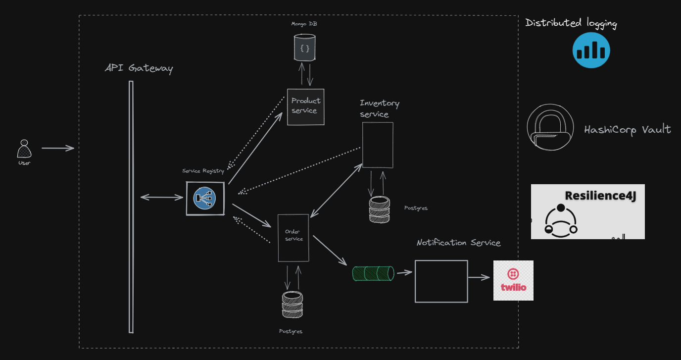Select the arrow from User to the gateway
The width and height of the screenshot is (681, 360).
57,148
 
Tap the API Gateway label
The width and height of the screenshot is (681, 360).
139,68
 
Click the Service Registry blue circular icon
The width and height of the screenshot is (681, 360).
205,199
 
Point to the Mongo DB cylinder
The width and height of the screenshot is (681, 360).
304,48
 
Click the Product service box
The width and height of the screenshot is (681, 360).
306,107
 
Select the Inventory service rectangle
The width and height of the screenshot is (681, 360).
378,145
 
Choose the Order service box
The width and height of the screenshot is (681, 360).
293,238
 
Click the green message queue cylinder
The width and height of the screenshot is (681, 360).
373,273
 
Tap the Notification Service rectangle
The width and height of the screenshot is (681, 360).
441,281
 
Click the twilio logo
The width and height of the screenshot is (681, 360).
513,280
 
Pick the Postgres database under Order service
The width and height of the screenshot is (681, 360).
292,305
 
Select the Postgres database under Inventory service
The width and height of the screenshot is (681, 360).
379,209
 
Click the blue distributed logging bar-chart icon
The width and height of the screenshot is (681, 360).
591,50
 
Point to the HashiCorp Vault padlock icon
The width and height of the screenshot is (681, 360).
550,127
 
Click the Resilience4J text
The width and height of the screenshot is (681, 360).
600,196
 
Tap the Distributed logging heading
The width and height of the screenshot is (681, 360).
571,23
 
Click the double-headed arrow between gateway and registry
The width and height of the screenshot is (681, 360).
162,197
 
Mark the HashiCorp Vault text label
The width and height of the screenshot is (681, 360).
628,130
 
